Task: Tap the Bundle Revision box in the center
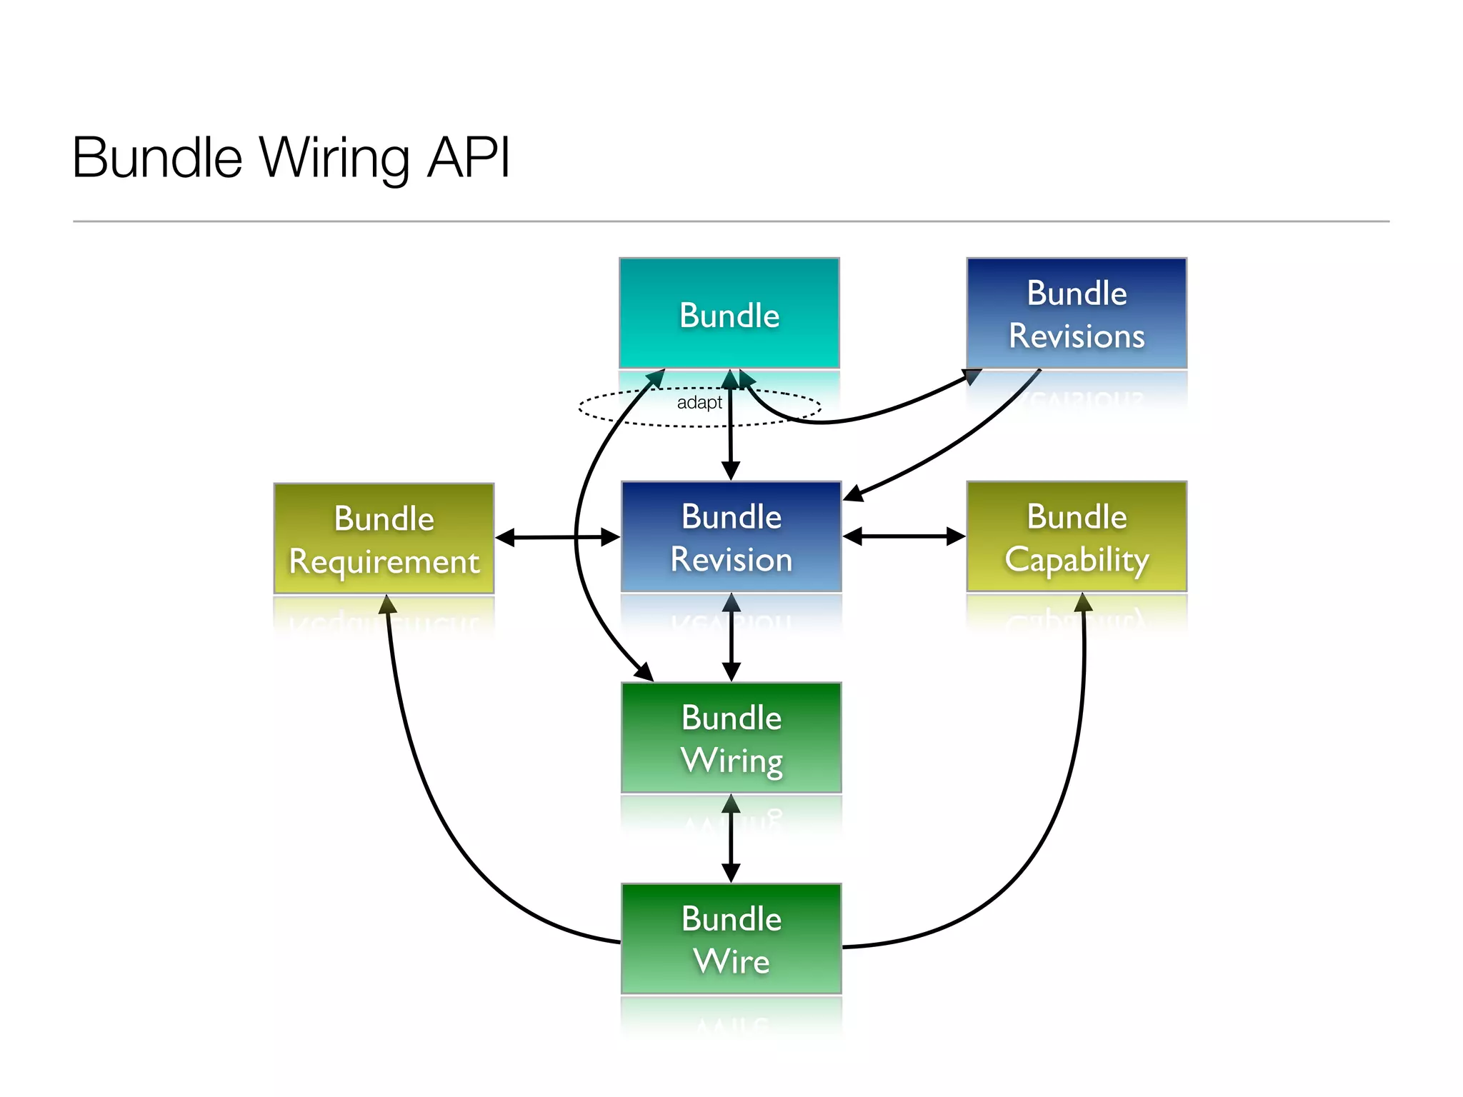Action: (731, 536)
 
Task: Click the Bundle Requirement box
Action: (384, 539)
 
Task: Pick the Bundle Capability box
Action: (1077, 536)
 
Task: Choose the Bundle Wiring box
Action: (731, 737)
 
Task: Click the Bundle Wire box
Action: (731, 938)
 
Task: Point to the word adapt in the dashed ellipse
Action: (699, 403)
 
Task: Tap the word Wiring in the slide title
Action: (334, 159)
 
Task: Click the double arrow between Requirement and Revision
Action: (557, 537)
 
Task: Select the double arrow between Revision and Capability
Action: (904, 536)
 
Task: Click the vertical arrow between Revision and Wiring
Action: (731, 637)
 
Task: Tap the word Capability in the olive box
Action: (1077, 559)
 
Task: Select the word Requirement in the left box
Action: (384, 562)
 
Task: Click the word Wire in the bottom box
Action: (731, 961)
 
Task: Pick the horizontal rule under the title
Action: (731, 221)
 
